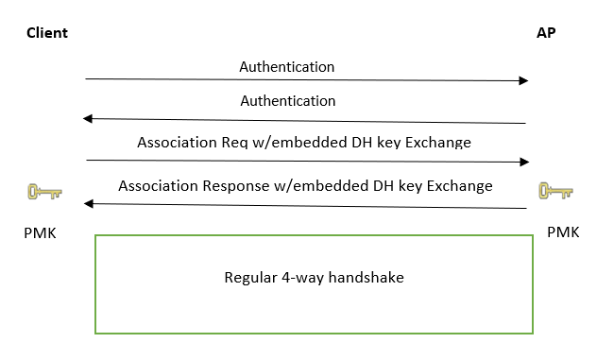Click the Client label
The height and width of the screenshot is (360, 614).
pos(46,33)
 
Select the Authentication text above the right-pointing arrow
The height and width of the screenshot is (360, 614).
pos(287,67)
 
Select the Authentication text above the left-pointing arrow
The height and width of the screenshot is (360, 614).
pos(288,100)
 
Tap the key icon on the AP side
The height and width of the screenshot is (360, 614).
pos(556,192)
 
